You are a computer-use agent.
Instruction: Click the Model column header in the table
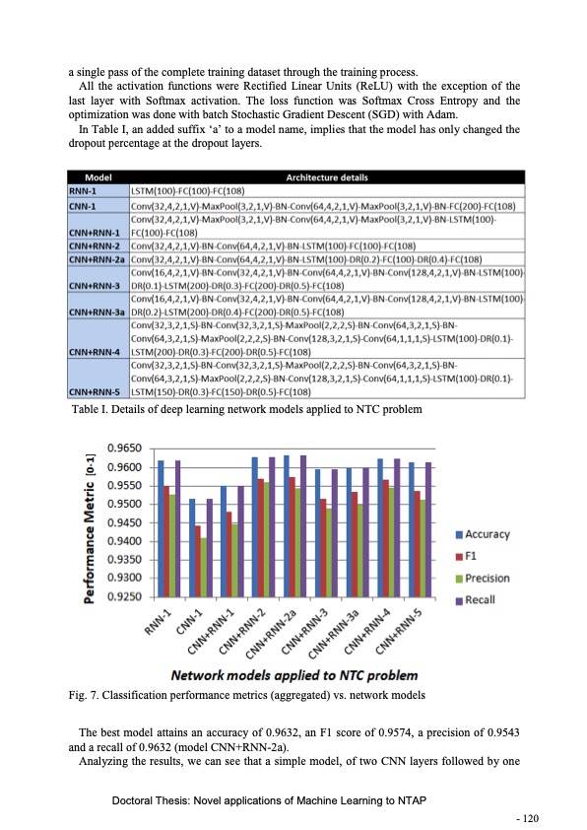(x=97, y=178)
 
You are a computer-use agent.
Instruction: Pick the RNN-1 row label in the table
(x=82, y=190)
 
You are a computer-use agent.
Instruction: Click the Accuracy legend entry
(x=482, y=534)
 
